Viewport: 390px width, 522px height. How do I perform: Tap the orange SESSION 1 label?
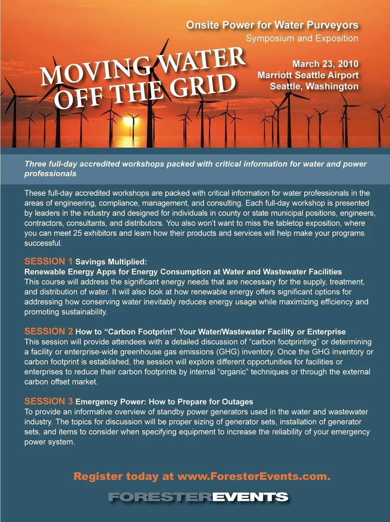pyautogui.click(x=48, y=261)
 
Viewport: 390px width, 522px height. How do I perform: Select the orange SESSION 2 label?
pyautogui.click(x=48, y=331)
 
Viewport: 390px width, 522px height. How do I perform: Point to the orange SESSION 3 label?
pyautogui.click(x=48, y=401)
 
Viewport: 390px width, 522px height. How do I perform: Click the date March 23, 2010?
pyautogui.click(x=325, y=64)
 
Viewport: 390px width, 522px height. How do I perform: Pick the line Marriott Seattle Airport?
pyautogui.click(x=308, y=75)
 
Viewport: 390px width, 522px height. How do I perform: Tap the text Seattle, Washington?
pyautogui.click(x=314, y=87)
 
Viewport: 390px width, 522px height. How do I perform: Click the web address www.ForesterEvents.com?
pyautogui.click(x=254, y=477)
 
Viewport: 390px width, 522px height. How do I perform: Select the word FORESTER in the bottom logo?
pyautogui.click(x=160, y=497)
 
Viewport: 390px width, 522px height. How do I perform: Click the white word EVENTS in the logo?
pyautogui.click(x=250, y=497)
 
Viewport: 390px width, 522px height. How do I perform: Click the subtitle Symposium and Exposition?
pyautogui.click(x=302, y=39)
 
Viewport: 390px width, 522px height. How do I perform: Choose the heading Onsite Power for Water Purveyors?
pyautogui.click(x=272, y=25)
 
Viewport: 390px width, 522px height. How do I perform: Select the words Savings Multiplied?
pyautogui.click(x=111, y=262)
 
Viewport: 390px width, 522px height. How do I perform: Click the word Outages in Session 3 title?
pyautogui.click(x=238, y=402)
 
